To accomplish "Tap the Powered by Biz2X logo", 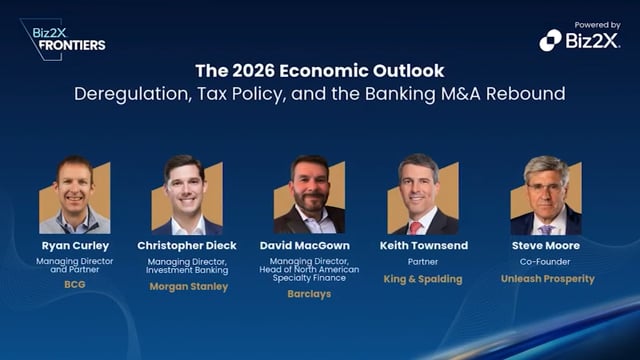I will click(579, 39).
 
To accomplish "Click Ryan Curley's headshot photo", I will click(76, 194).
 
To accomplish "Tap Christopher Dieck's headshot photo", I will click(187, 194).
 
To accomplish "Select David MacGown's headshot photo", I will click(309, 194).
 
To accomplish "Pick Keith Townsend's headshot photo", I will click(421, 194).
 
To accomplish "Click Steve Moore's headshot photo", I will click(546, 194).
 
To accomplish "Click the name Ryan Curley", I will click(76, 245).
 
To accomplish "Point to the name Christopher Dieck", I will click(188, 245).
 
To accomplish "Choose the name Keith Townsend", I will click(422, 245).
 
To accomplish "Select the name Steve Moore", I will click(547, 245).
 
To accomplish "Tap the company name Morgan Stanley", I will click(188, 287).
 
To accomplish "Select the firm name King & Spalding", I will click(422, 279).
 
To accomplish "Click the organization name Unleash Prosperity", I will click(547, 279).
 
